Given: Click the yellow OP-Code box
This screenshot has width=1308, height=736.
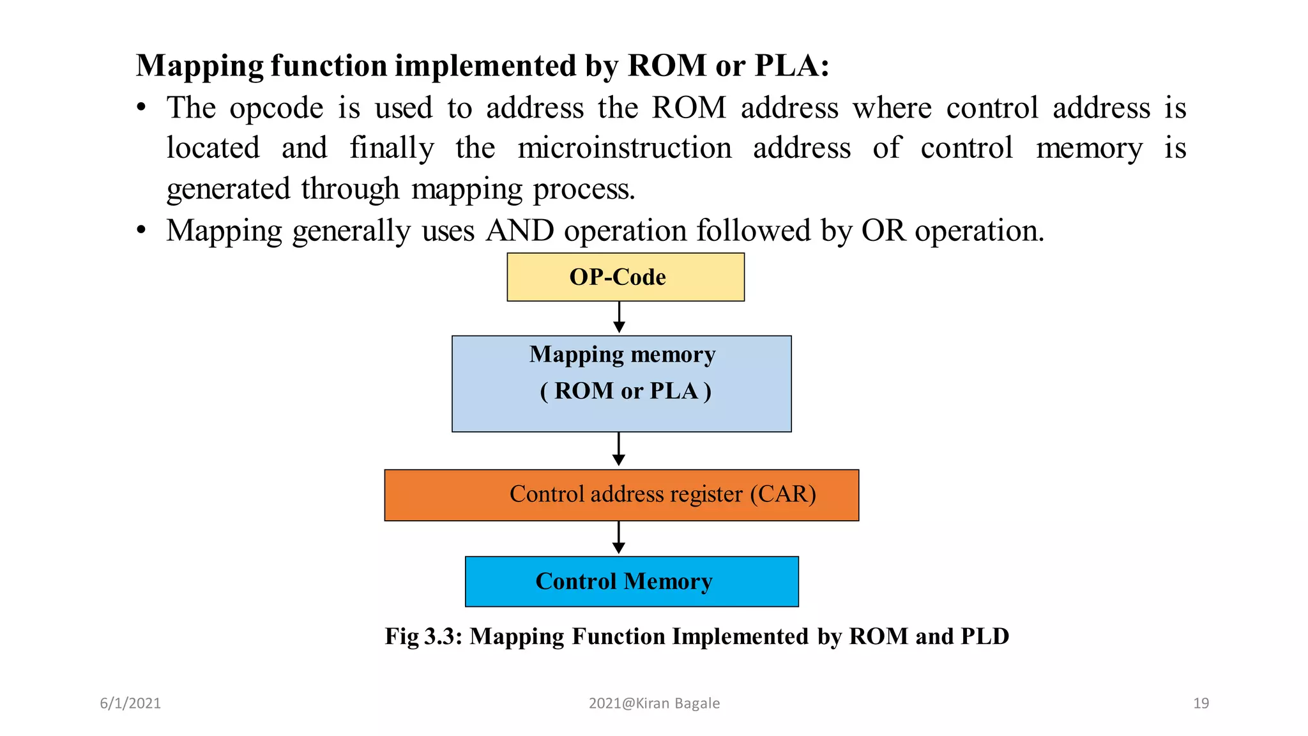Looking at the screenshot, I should coord(625,277).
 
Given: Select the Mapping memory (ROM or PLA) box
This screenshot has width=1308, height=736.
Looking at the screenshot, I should coord(621,384).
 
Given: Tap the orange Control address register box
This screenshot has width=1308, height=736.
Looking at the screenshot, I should coord(621,495).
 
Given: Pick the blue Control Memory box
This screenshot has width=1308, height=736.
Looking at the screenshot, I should coord(632,581).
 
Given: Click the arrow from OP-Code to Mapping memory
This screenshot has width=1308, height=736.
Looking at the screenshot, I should coord(619,318).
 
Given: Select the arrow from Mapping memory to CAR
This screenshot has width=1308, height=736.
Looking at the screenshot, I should coord(619,450).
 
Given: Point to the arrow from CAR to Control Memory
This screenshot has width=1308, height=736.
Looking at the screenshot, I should coord(619,538).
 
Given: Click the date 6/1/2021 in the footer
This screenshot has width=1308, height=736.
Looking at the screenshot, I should coord(130,703).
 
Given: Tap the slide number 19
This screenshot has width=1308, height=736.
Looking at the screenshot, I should coord(1201,703).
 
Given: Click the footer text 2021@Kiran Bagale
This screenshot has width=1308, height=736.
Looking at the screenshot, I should coord(654,703).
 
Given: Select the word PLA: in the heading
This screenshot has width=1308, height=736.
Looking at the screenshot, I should coord(792,66).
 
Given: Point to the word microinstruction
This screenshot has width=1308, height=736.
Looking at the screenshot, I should coord(624,148).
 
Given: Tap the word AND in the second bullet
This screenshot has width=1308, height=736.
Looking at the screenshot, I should coord(520,231).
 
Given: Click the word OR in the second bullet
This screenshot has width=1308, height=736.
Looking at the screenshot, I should coord(883,231).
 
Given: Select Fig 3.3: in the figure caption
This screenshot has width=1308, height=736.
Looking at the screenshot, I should coord(423,636).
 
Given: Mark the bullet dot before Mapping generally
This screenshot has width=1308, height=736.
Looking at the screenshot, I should coord(142,231).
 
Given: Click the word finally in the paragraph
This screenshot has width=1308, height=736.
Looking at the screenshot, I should coord(392,148).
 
